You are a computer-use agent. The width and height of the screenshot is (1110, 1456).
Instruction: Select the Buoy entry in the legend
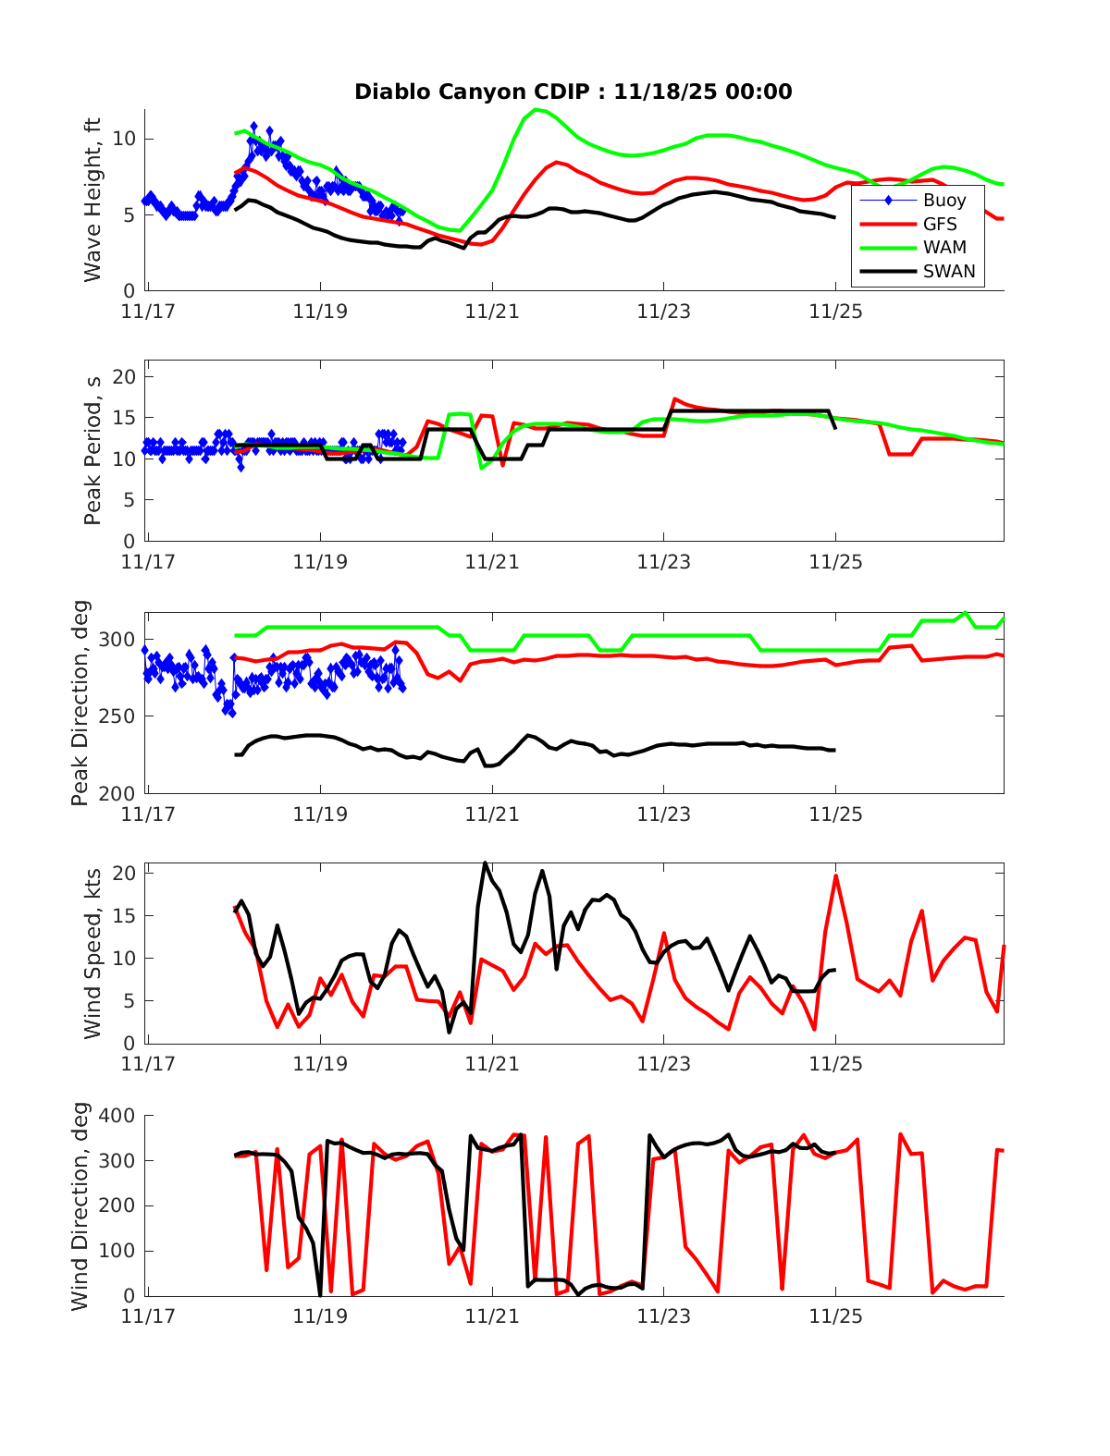click(x=943, y=201)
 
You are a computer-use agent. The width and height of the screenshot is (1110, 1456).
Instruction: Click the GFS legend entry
click(x=939, y=224)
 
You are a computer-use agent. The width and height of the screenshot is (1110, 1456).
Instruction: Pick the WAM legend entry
click(x=943, y=248)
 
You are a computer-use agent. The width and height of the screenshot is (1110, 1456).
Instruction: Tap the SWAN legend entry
click(x=948, y=272)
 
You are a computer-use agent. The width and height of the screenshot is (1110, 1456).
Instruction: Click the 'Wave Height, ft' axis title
click(x=92, y=200)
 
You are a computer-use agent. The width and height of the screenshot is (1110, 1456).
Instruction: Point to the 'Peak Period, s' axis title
click(x=92, y=451)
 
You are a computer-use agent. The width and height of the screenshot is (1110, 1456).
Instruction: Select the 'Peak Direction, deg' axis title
click(x=80, y=703)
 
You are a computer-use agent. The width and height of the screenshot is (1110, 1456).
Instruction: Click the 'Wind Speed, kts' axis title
click(x=92, y=953)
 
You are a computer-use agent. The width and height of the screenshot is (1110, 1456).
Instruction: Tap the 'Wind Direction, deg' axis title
click(x=80, y=1205)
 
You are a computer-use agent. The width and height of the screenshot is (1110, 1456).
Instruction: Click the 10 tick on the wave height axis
click(x=124, y=139)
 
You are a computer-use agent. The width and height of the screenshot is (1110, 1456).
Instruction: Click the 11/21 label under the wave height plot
click(x=492, y=312)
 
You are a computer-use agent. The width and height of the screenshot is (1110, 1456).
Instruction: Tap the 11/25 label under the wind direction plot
click(x=835, y=1316)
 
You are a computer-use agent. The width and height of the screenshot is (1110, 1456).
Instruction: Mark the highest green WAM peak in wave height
click(x=536, y=110)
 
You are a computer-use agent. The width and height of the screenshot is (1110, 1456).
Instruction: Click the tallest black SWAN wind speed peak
click(x=485, y=863)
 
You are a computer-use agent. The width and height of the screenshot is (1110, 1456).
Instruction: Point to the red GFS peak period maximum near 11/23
click(x=675, y=398)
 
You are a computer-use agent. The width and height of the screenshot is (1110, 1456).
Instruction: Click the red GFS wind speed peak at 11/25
click(x=836, y=875)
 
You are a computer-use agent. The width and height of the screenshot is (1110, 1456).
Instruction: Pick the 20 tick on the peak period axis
click(x=124, y=377)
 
